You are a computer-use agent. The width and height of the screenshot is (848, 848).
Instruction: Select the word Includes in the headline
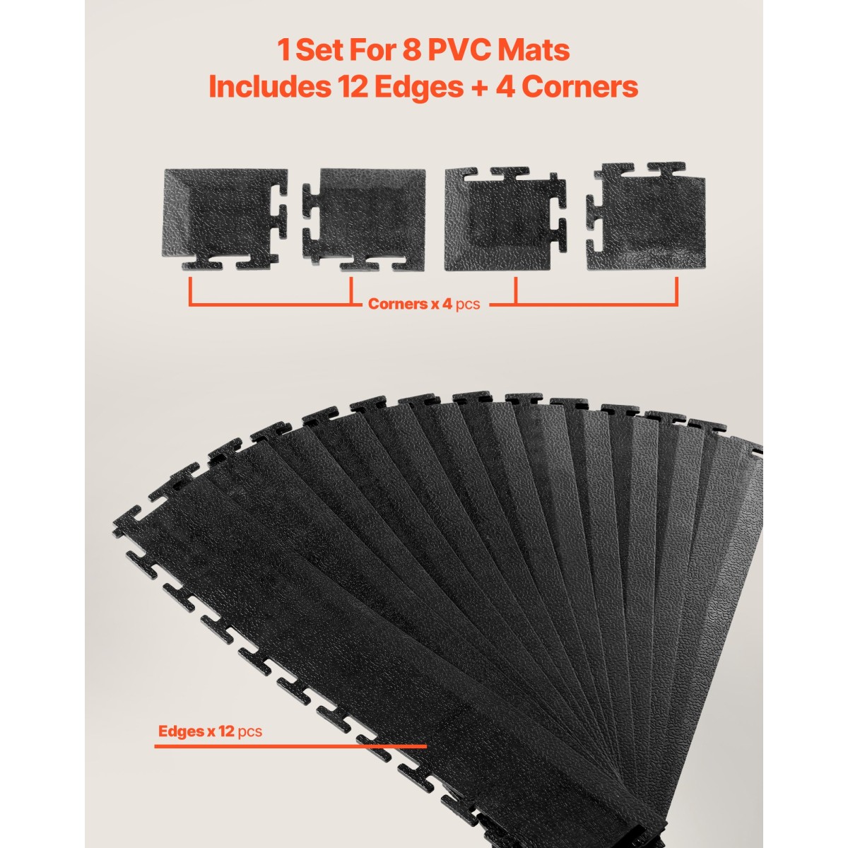[269, 87]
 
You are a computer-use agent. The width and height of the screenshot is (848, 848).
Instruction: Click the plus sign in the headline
[479, 88]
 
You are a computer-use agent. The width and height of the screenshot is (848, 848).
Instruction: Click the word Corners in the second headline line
[579, 87]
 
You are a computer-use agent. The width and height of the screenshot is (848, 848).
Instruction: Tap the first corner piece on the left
[225, 219]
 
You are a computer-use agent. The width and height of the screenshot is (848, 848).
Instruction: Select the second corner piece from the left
[364, 218]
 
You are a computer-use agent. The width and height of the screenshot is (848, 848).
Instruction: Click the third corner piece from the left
[505, 218]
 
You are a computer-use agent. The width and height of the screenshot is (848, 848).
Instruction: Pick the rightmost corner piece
[646, 216]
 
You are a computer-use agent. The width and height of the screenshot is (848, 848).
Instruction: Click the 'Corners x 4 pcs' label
[424, 304]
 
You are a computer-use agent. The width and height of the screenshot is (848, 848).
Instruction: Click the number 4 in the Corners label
[447, 304]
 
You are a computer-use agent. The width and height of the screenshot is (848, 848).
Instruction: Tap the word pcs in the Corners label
[468, 305]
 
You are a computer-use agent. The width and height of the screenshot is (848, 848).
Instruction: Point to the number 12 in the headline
[353, 87]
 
